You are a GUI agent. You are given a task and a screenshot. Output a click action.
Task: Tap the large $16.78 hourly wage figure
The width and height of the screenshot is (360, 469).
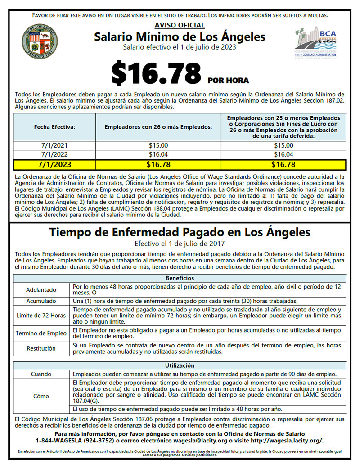click(156, 74)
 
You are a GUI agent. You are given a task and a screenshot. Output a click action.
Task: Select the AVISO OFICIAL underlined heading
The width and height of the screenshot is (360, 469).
click(180, 25)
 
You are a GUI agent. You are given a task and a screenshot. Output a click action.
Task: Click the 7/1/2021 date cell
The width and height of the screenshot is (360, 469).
click(54, 145)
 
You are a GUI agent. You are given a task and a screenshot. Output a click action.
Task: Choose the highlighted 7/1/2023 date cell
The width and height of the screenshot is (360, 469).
click(54, 164)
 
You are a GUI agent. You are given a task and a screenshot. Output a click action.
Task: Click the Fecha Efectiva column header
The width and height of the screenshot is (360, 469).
click(54, 127)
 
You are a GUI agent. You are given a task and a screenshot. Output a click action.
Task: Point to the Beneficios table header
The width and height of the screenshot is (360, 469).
click(180, 278)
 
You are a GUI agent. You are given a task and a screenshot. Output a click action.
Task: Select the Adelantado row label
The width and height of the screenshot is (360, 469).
click(41, 290)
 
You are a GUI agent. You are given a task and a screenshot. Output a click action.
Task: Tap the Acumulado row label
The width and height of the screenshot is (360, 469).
click(41, 301)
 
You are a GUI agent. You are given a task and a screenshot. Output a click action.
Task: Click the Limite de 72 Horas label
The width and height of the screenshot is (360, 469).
click(41, 316)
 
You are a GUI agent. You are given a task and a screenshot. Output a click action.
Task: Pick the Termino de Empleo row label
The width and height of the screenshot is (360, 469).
click(41, 333)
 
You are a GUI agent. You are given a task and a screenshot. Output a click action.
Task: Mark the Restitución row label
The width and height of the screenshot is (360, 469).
click(41, 348)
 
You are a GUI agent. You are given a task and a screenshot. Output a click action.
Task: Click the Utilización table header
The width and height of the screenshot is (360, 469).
click(180, 365)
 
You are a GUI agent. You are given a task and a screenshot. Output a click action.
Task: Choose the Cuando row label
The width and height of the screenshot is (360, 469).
click(41, 374)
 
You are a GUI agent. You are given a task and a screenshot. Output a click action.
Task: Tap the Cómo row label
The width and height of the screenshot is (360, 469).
click(41, 396)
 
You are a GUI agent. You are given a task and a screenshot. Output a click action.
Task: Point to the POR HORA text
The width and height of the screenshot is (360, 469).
click(228, 81)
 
